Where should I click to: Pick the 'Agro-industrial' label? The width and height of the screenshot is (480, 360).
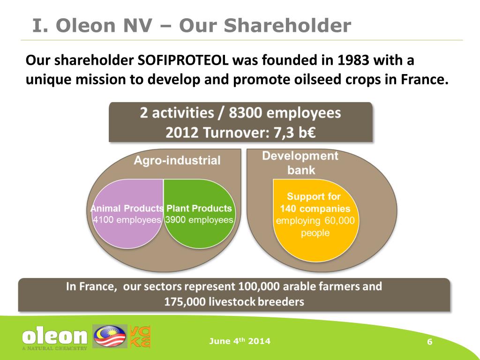[x=177, y=161]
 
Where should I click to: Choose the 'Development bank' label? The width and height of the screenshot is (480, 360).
[x=300, y=163]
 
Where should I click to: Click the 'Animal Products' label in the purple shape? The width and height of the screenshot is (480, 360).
[x=127, y=209]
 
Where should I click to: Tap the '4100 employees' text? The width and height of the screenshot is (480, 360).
[x=127, y=220]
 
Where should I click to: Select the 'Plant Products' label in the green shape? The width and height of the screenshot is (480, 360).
[x=199, y=209]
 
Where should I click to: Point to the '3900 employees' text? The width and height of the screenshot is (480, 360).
[x=199, y=220]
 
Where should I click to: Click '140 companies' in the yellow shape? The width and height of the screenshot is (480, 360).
[x=315, y=209]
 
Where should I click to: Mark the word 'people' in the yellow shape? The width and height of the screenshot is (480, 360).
[x=315, y=233]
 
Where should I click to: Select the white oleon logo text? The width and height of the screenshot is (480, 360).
[x=55, y=336]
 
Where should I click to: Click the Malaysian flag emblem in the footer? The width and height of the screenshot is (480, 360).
[x=110, y=337]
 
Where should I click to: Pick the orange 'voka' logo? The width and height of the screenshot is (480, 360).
[x=140, y=337]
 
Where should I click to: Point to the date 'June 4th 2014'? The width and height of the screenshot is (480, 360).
[x=240, y=341]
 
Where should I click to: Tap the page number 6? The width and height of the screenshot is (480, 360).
[x=429, y=342]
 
